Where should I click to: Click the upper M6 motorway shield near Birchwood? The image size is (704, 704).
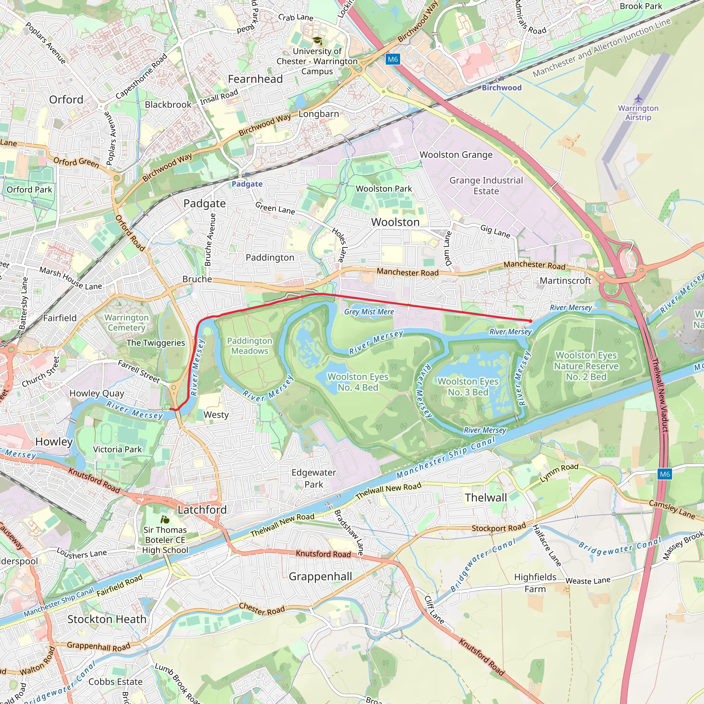point(393,59)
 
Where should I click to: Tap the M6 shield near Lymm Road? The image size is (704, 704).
point(665,474)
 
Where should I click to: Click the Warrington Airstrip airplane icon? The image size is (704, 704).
point(638,98)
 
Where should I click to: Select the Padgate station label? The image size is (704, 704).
point(247,184)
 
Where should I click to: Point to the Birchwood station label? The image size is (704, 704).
point(502,87)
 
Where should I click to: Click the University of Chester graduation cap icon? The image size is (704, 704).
point(317,41)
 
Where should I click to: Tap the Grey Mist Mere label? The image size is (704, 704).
point(369,312)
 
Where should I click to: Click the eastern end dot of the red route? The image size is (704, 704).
point(530,321)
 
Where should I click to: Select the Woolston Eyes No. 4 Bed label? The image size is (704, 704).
point(358,382)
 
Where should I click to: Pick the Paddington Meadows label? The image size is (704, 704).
point(250,346)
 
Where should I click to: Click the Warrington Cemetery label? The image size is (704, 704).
point(126,322)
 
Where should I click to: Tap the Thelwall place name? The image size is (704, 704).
point(486,497)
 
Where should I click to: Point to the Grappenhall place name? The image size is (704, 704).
point(320,576)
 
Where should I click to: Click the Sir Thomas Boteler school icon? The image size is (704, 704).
point(165,519)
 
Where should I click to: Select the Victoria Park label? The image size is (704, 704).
point(117,449)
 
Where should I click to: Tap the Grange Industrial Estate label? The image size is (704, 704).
point(486,186)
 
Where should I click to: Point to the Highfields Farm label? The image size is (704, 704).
point(535,583)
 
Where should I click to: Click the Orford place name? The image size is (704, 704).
point(66,99)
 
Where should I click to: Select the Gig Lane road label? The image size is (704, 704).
point(495,231)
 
